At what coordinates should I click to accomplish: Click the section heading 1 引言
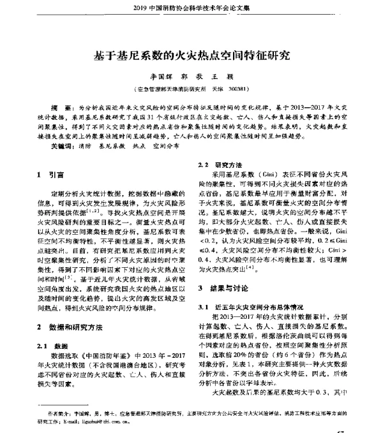pyautogui.click(x=50, y=173)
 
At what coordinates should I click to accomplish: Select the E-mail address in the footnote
pyautogui.click(x=98, y=422)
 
